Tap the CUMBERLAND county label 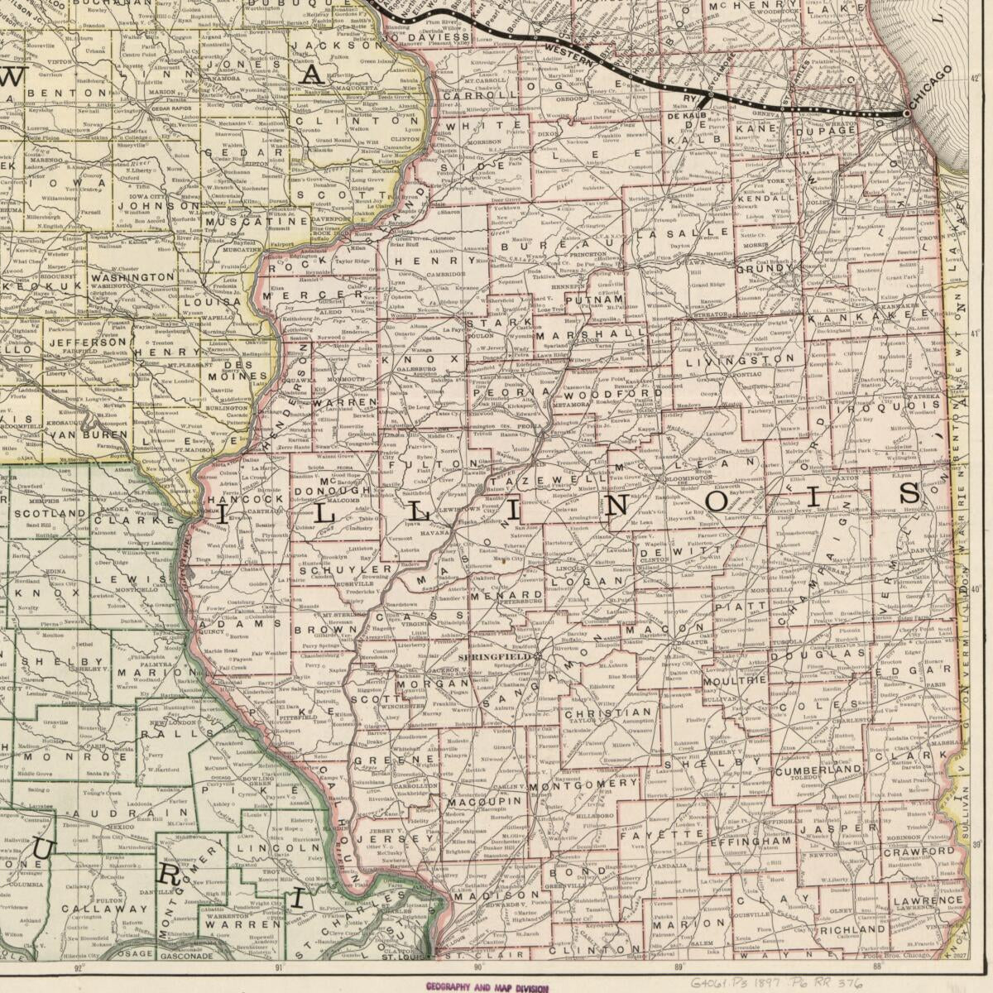pyautogui.click(x=819, y=770)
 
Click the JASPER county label pyautogui.click(x=831, y=827)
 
